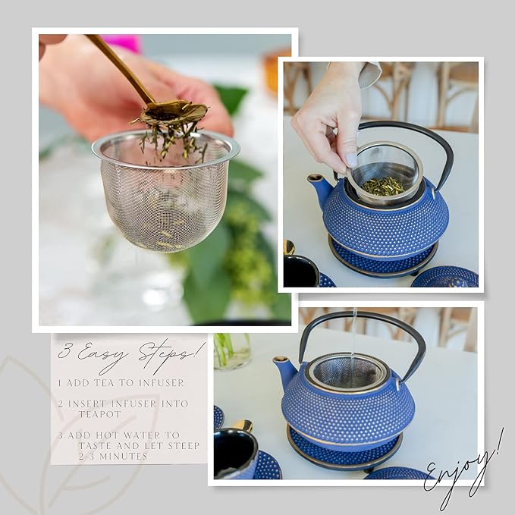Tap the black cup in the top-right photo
point(300,272)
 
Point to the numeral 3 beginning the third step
point(60,435)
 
